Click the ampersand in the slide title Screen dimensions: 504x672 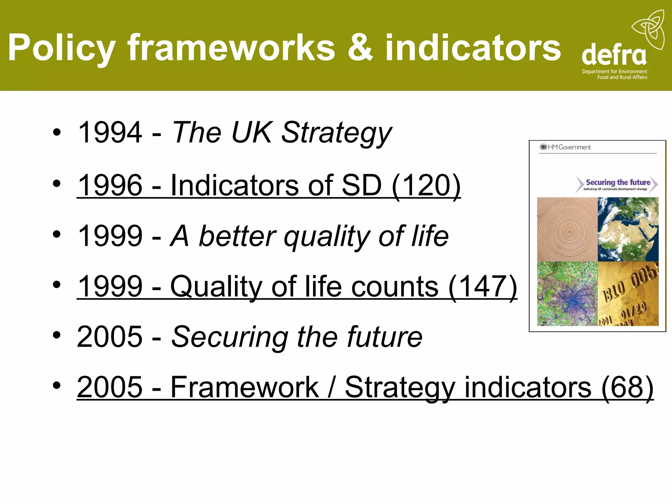[360, 48]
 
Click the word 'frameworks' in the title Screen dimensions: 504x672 [231, 48]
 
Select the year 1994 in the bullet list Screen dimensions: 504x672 [110, 132]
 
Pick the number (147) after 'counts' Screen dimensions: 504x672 [483, 286]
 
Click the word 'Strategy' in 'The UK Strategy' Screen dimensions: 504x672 [337, 133]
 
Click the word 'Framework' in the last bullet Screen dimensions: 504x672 [244, 387]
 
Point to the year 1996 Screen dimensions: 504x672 [110, 185]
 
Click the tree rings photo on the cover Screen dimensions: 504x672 [567, 229]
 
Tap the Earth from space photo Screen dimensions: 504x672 [628, 229]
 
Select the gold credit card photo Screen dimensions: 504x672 [628, 294]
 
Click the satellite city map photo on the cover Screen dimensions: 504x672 [567, 294]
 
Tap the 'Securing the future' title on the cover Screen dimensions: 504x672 [618, 182]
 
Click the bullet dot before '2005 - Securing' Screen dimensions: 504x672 [57, 335]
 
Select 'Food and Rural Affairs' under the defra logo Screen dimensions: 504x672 [622, 77]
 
